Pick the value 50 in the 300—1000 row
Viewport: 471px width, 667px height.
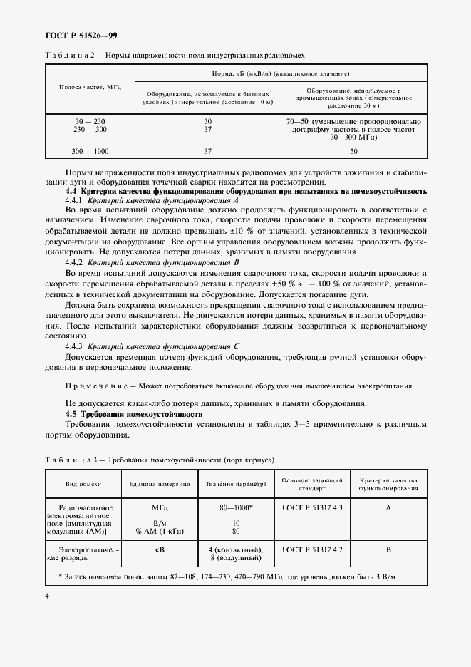[353, 151]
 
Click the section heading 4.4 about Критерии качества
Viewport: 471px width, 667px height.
[246, 192]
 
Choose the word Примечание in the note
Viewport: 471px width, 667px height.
[95, 386]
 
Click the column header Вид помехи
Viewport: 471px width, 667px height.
[81, 484]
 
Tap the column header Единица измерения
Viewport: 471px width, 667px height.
[160, 484]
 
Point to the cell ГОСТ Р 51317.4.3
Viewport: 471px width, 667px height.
[312, 507]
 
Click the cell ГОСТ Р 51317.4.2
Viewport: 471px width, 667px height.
[312, 549]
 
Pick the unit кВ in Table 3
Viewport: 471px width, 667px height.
[160, 549]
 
